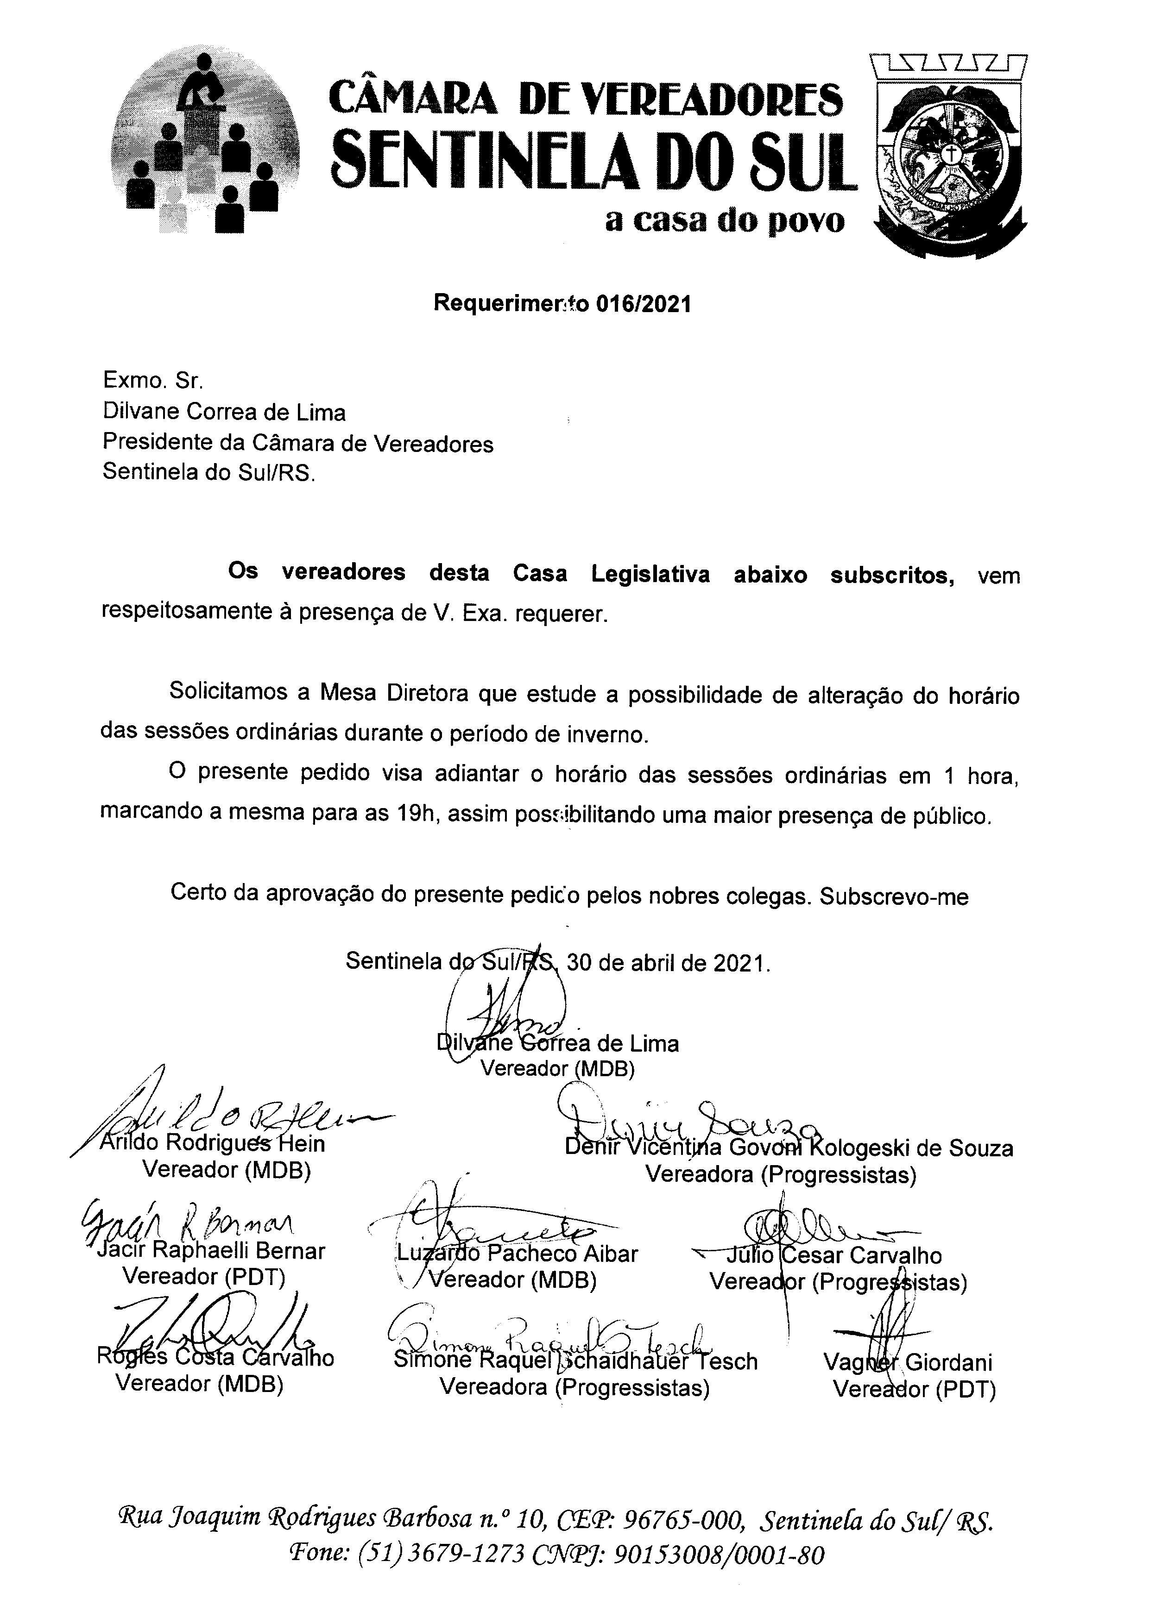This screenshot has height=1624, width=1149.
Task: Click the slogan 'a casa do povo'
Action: tap(725, 221)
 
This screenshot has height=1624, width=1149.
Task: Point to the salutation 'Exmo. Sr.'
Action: tap(153, 381)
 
